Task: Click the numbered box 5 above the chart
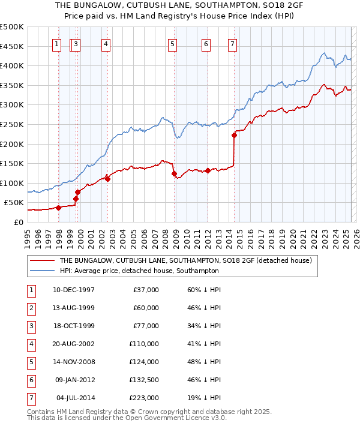[x=172, y=43]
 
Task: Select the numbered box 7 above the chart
[x=232, y=43]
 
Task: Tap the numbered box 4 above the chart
[x=105, y=43]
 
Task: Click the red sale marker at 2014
[x=234, y=135]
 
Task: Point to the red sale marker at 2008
[x=174, y=174]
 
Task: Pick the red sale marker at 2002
[x=107, y=179]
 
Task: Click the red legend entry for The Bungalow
[x=185, y=261]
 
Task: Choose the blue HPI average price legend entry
[x=139, y=271]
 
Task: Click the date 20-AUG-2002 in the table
[x=74, y=344]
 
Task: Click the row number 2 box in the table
[x=30, y=308]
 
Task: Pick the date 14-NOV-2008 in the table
[x=74, y=362]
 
